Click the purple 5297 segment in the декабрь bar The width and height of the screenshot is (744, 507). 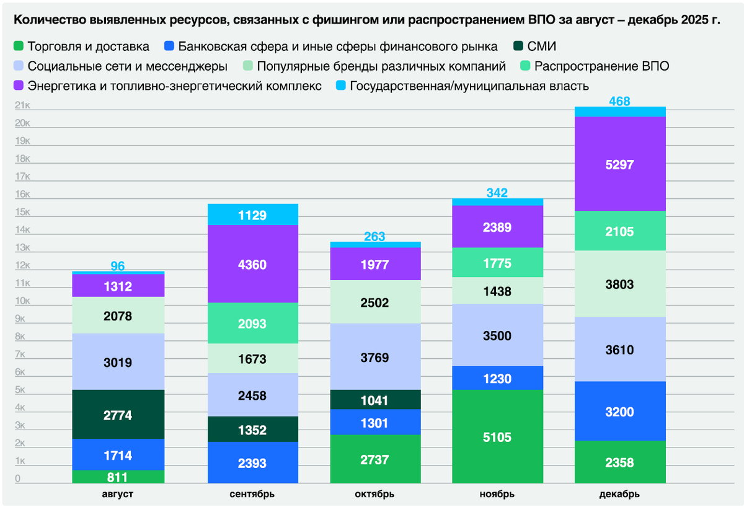[x=620, y=164]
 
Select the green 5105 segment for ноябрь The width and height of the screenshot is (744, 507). [x=497, y=436]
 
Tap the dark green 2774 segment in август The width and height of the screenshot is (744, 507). [x=118, y=414]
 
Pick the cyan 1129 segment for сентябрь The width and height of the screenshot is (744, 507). [x=252, y=214]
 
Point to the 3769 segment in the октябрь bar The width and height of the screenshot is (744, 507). [x=374, y=356]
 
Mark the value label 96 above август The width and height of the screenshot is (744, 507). [x=118, y=266]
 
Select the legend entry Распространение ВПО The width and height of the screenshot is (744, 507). [x=601, y=66]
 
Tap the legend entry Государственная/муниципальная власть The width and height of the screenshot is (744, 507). [x=469, y=86]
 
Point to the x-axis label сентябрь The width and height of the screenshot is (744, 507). [x=252, y=494]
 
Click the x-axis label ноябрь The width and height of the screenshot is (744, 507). [x=497, y=494]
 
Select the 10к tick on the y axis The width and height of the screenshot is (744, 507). [x=22, y=301]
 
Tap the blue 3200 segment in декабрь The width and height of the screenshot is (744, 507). [x=620, y=411]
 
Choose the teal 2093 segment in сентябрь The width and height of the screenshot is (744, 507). [x=252, y=323]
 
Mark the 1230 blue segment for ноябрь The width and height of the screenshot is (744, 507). [x=497, y=378]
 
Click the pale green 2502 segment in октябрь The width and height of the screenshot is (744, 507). [x=374, y=302]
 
